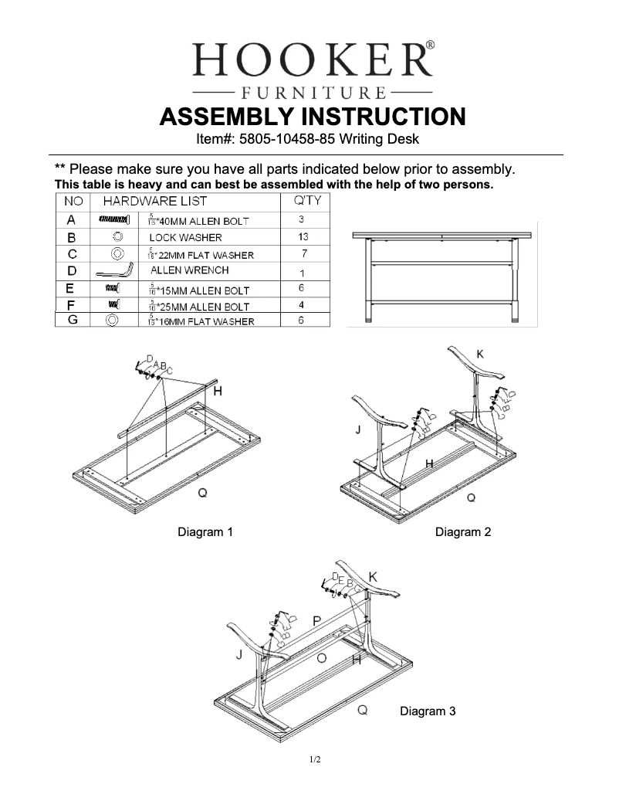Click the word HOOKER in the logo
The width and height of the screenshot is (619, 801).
point(311,59)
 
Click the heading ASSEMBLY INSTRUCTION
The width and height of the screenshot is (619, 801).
point(312,117)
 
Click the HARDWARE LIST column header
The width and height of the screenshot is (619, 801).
point(155,201)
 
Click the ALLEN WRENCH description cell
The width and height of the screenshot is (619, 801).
point(189,270)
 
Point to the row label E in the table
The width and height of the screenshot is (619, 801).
point(71,289)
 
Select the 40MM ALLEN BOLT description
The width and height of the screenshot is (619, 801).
point(198,221)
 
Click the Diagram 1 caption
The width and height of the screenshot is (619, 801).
point(205,531)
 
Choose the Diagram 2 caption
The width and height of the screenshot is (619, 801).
point(462,531)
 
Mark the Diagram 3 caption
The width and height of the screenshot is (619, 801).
point(427,711)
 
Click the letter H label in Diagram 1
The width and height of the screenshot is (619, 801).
point(218,392)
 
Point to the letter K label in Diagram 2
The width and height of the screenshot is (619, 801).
point(480,354)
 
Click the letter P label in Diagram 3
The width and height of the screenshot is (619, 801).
point(317,620)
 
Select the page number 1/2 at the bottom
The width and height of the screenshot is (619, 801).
point(315,760)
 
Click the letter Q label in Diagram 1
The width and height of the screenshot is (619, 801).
point(202,493)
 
